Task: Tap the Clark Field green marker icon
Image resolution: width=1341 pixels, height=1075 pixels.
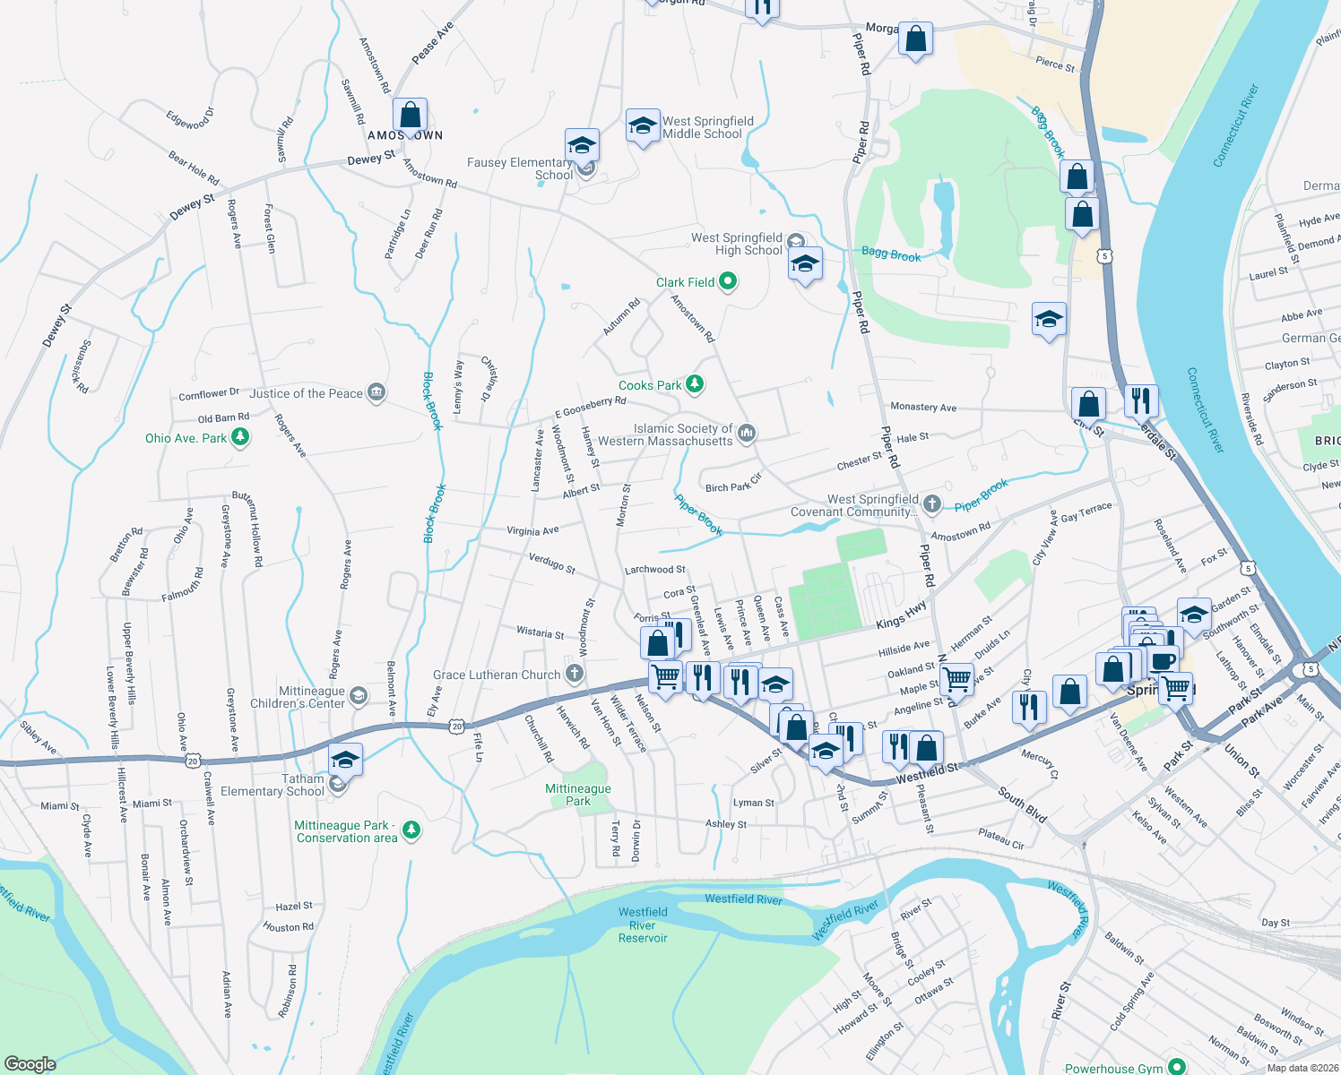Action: (x=728, y=282)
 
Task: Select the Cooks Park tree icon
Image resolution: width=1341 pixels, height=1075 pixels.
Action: (x=695, y=385)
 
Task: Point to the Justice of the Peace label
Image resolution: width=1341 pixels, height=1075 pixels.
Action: (x=306, y=393)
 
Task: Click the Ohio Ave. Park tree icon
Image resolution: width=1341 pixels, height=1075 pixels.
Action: (x=239, y=437)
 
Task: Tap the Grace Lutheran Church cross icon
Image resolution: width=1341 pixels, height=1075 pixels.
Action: (x=575, y=674)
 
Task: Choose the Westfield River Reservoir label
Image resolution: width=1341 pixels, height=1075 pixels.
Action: (x=643, y=925)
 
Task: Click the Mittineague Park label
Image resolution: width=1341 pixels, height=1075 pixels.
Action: (x=578, y=795)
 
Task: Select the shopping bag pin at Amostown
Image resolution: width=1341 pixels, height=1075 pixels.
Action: (x=410, y=116)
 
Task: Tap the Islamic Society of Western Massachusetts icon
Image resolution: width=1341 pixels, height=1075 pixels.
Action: (x=746, y=434)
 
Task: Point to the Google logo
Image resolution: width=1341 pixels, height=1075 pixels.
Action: (x=30, y=1063)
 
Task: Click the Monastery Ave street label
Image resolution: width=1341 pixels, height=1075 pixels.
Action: (x=923, y=407)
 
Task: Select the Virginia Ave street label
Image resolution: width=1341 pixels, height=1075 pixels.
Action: (x=532, y=530)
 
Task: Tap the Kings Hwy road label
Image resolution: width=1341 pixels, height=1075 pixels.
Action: (x=901, y=615)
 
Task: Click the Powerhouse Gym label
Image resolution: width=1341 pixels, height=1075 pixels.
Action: (x=1113, y=1068)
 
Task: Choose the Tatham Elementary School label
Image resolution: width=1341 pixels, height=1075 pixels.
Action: (x=272, y=785)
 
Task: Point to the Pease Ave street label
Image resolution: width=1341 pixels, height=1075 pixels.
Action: (x=433, y=42)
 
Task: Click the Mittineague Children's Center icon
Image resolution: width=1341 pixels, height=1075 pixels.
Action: (x=358, y=696)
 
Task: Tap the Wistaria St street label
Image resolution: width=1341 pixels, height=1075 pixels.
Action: (x=541, y=632)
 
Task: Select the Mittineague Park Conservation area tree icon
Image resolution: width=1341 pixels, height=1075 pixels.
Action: (x=411, y=830)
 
